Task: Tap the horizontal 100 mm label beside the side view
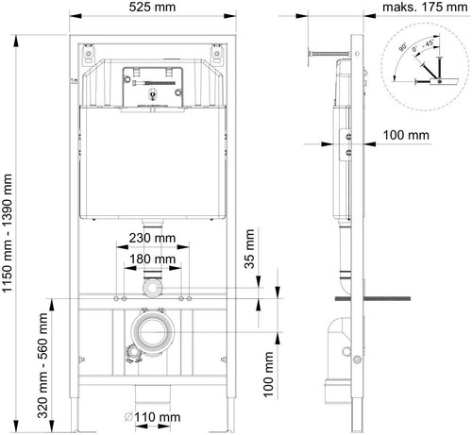click(x=407, y=136)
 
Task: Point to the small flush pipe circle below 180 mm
click(x=151, y=286)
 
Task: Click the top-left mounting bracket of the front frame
click(x=85, y=54)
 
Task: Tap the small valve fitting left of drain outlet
click(x=124, y=355)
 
